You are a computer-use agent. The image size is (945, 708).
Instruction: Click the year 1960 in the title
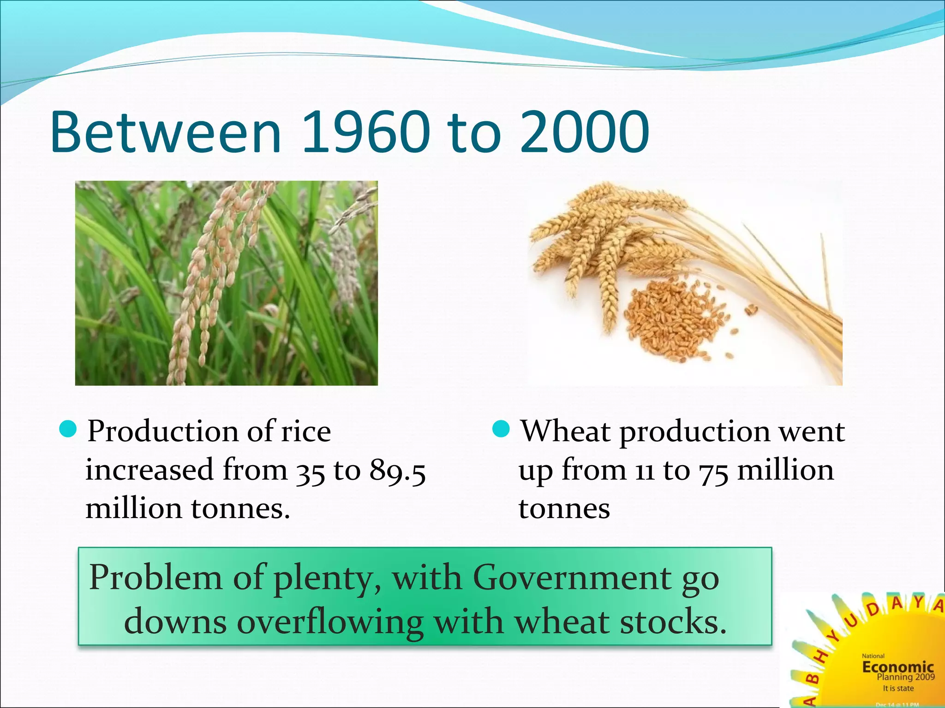[366, 133]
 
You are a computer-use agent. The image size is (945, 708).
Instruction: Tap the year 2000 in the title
[585, 133]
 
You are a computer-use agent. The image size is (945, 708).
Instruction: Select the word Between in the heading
[166, 133]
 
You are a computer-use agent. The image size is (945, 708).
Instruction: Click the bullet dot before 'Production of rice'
[68, 430]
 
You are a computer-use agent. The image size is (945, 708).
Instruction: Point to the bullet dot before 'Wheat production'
[501, 430]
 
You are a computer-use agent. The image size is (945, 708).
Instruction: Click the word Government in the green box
[572, 578]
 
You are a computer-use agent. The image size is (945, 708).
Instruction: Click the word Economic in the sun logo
[897, 667]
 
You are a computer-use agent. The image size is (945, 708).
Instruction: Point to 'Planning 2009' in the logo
[905, 677]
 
